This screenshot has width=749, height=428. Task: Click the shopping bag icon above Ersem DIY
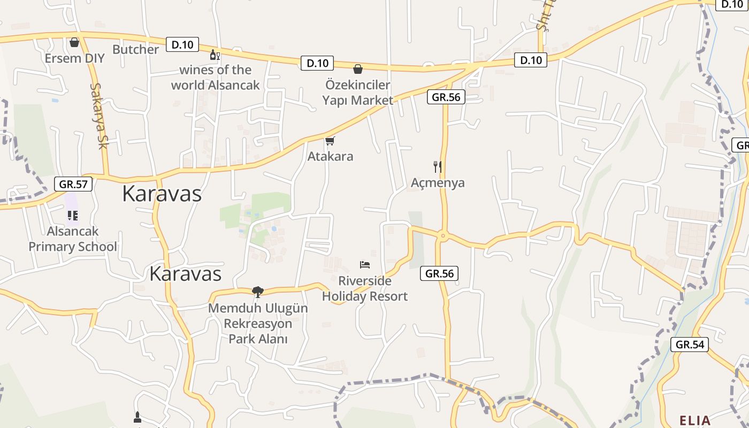(x=74, y=42)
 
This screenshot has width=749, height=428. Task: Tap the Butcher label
(x=135, y=50)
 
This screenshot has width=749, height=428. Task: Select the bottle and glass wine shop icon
(x=215, y=55)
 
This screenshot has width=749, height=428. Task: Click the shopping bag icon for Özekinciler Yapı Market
(x=357, y=69)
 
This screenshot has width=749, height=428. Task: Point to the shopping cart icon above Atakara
(x=330, y=141)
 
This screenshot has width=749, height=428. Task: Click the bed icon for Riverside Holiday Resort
(x=365, y=265)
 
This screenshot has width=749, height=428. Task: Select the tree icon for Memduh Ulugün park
(x=258, y=292)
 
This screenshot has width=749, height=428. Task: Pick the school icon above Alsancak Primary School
(x=72, y=216)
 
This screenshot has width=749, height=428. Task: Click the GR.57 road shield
(x=73, y=185)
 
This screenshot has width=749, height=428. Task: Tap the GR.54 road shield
(x=690, y=345)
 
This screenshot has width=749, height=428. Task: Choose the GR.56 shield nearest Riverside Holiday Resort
(x=439, y=273)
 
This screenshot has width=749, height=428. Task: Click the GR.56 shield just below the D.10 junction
(x=446, y=97)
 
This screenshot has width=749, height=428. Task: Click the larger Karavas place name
(x=162, y=194)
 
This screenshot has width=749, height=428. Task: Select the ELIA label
(x=695, y=421)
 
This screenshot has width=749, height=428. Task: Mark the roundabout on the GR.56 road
(x=442, y=235)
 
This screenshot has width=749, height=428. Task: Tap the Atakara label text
(x=330, y=157)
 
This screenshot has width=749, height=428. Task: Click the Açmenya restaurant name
(x=438, y=183)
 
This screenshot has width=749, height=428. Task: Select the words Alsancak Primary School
(x=73, y=239)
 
